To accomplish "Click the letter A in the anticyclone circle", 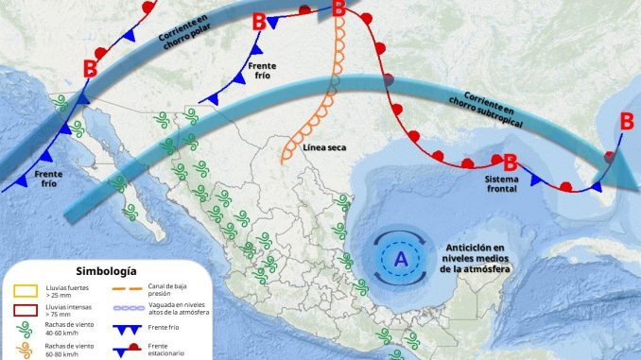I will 401,258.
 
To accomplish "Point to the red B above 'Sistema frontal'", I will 510,161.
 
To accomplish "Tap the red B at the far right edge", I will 626,121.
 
